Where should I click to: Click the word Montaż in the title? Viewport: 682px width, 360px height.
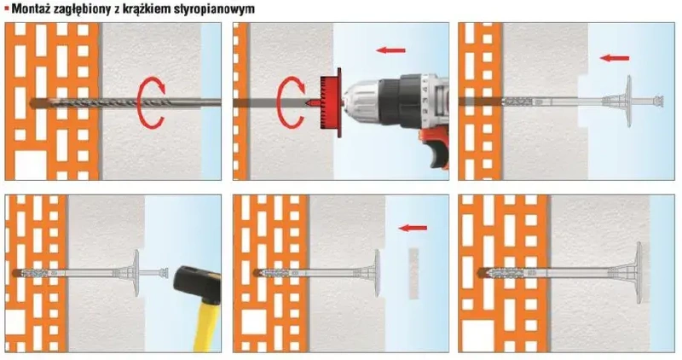[31, 8]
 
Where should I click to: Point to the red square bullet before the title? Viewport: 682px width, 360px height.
[5, 8]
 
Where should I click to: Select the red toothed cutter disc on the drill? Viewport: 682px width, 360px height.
[328, 102]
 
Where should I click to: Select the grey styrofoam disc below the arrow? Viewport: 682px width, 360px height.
[413, 272]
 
